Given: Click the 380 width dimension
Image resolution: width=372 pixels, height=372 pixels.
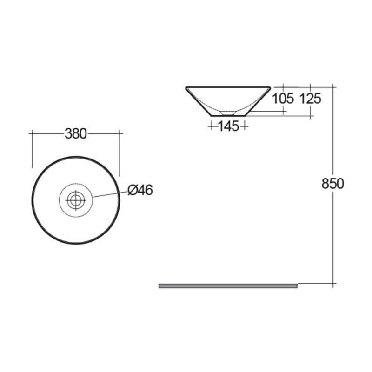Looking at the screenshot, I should pos(76,133).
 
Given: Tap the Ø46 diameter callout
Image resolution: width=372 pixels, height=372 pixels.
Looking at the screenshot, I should pos(140,190).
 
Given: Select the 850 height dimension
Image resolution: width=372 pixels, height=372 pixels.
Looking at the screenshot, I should pos(332,184).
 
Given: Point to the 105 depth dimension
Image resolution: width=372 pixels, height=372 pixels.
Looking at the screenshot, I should pos(283,99).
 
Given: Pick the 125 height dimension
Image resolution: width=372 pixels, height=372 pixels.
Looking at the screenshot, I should pos(310,99).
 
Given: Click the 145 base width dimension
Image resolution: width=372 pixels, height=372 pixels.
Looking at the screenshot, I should pos(228,126).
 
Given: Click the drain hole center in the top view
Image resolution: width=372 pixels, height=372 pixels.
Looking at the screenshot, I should pos(76,200).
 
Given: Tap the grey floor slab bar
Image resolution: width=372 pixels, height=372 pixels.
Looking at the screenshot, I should pos(228,286).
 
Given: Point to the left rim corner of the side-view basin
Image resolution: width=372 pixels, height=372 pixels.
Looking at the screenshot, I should pos(186,87).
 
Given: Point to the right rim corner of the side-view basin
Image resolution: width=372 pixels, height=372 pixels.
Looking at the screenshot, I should pos(270,87).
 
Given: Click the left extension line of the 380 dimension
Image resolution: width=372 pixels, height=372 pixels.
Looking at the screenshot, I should pos(32,149).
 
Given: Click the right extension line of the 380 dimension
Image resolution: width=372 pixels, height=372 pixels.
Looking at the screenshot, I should pos(120,149).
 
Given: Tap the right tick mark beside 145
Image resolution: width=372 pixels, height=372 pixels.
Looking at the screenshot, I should pos(245,126).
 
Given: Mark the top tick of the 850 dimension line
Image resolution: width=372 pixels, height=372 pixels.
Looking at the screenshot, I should pos(333,86).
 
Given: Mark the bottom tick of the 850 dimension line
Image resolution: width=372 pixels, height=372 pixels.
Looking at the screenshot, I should pos(333,283).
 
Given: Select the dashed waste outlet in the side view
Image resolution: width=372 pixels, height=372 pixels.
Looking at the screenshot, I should pos(228,113).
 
